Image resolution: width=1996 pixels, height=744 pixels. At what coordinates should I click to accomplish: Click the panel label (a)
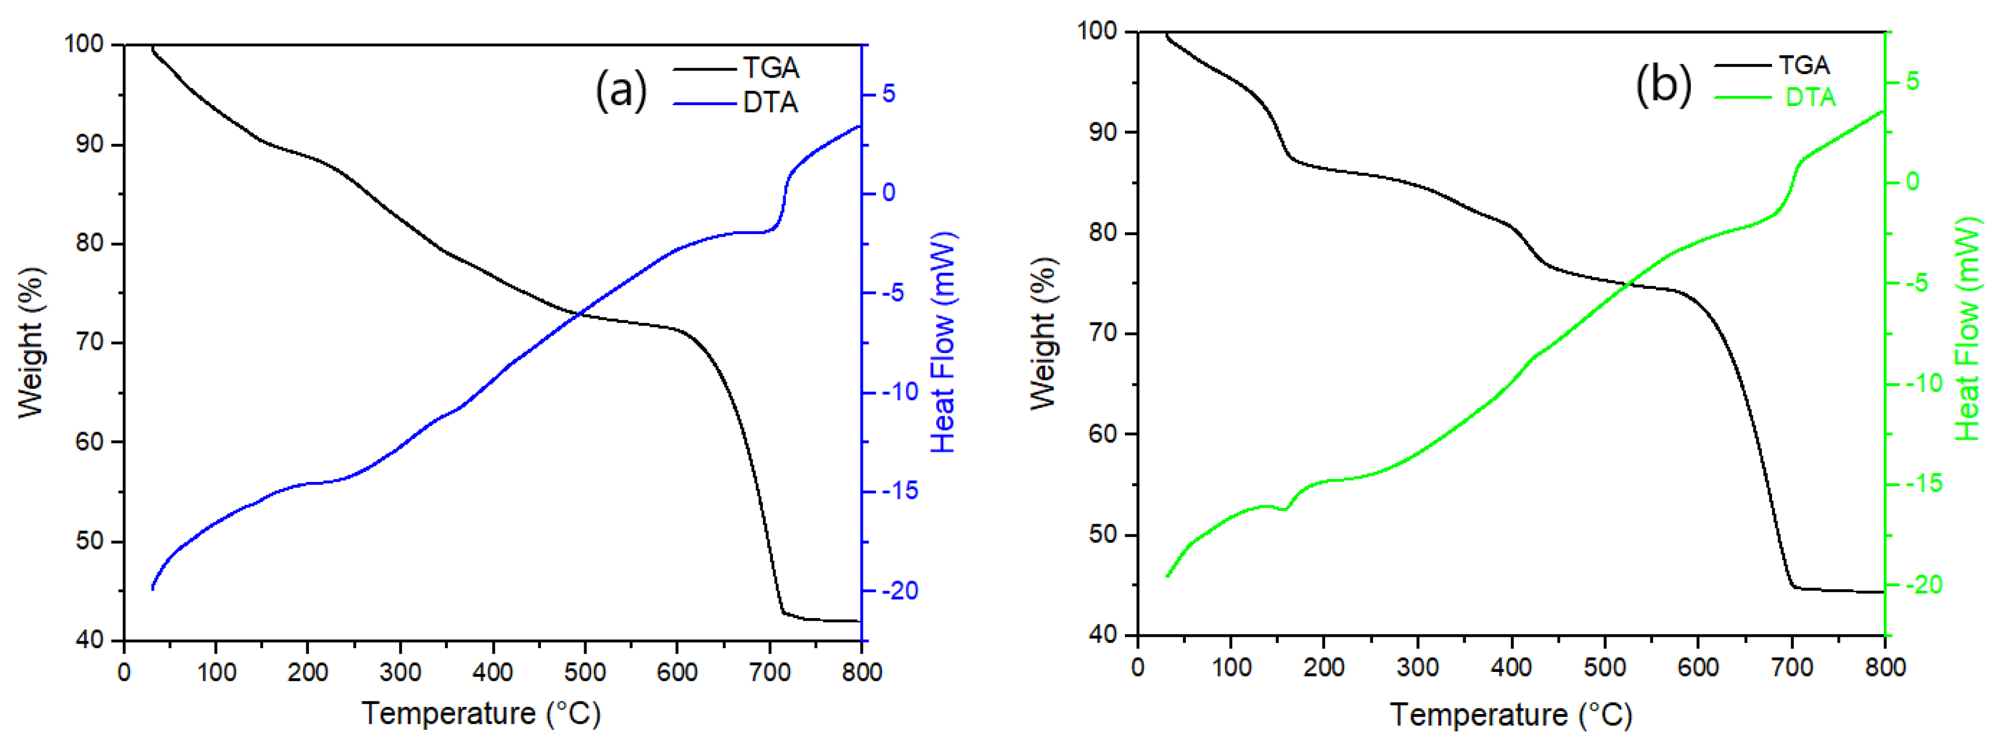(x=621, y=91)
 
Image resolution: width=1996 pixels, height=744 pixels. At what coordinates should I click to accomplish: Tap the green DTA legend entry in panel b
(x=1810, y=98)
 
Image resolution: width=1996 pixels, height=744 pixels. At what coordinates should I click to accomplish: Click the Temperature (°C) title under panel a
(x=481, y=713)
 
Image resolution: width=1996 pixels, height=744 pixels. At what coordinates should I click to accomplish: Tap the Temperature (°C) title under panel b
(x=1511, y=714)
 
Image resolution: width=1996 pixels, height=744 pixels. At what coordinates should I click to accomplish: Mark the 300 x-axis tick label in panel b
(x=1417, y=667)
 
